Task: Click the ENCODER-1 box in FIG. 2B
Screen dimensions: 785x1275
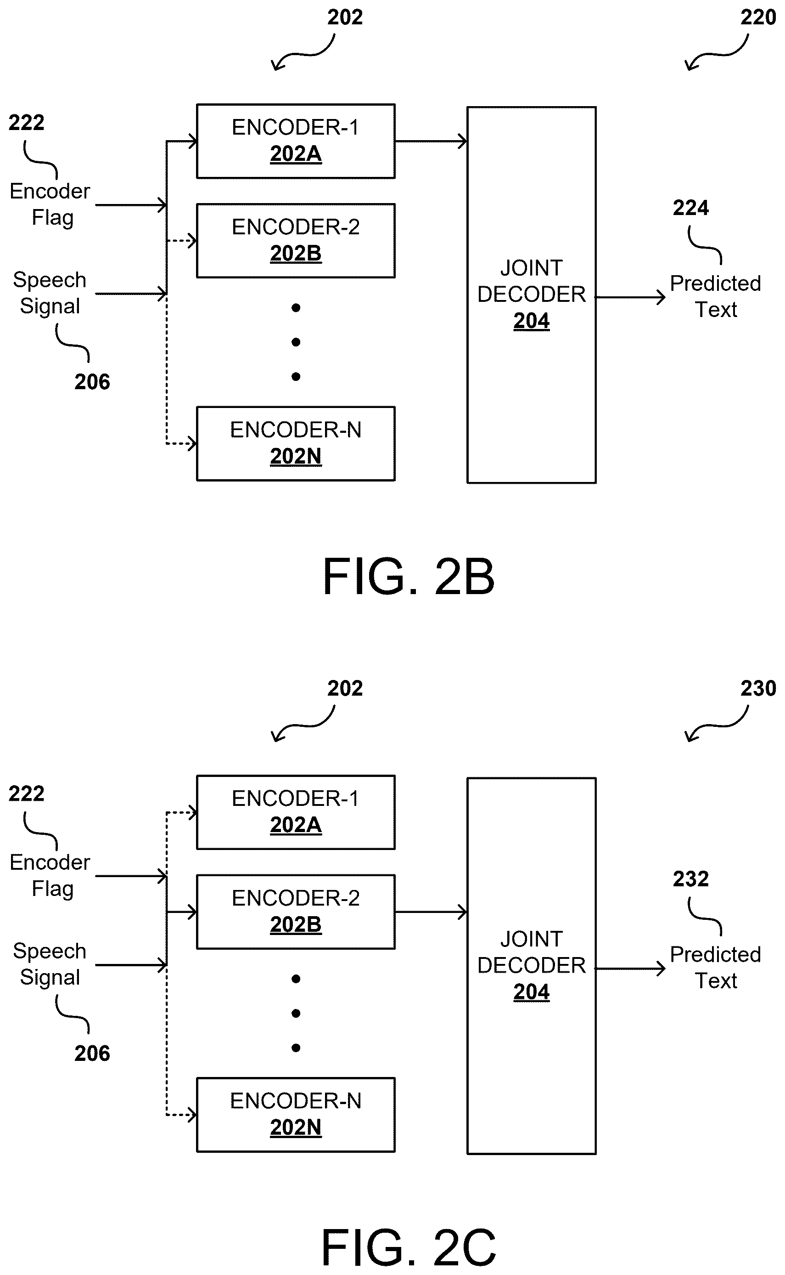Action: click(x=296, y=142)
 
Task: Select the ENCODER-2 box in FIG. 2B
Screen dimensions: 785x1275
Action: click(x=296, y=241)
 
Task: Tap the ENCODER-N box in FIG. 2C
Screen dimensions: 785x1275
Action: click(x=296, y=1115)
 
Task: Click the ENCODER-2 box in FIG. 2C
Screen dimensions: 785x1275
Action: click(x=296, y=912)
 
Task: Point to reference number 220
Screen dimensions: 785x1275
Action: click(x=758, y=17)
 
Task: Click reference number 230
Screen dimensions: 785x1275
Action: click(x=758, y=688)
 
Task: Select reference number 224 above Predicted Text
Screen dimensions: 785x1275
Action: click(x=690, y=208)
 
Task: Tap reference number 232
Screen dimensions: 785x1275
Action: click(x=690, y=879)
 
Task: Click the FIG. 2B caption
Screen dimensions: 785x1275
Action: click(x=409, y=576)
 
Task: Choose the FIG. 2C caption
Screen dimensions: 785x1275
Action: click(x=409, y=1247)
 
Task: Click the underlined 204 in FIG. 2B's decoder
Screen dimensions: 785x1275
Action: click(x=531, y=321)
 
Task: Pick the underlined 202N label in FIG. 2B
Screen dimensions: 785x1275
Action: click(x=296, y=457)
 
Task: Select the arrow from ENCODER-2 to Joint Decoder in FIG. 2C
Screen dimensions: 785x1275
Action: click(x=431, y=912)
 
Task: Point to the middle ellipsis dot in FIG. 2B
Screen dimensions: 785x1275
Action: click(x=296, y=342)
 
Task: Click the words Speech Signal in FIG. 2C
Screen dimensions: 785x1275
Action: click(x=50, y=964)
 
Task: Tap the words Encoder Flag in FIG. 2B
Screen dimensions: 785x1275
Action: click(x=50, y=205)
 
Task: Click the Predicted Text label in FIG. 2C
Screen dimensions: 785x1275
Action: click(x=715, y=968)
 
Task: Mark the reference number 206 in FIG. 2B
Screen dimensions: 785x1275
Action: click(x=92, y=382)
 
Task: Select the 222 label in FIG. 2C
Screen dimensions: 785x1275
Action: click(x=27, y=793)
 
